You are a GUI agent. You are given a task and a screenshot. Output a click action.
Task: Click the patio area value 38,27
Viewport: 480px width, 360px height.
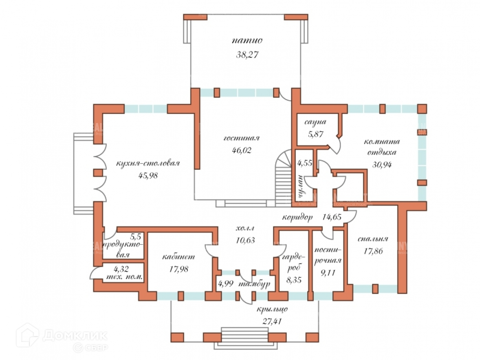(x=247, y=55)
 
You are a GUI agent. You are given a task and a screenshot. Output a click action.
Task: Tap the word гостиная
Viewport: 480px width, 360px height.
(x=242, y=139)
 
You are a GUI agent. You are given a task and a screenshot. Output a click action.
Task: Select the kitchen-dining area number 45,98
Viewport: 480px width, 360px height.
(x=148, y=176)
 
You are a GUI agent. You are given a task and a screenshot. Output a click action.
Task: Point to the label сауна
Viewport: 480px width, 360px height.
(x=315, y=123)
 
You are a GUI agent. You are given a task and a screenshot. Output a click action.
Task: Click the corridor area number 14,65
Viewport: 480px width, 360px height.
(x=332, y=216)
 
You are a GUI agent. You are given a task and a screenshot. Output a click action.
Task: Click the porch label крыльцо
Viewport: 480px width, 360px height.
(x=273, y=309)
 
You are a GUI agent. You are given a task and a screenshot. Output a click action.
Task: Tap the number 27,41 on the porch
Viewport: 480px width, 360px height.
(x=272, y=321)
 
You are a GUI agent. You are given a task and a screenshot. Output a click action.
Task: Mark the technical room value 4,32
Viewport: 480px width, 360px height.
(x=121, y=269)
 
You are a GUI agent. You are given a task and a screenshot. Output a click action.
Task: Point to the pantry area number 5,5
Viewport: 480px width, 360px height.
(x=136, y=237)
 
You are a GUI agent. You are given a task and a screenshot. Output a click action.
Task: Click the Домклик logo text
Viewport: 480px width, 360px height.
(x=75, y=335)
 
